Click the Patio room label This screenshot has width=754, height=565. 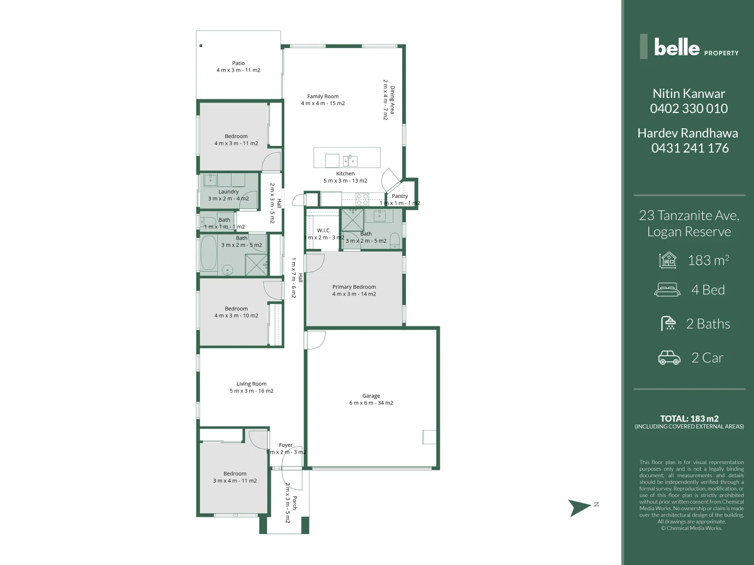238,63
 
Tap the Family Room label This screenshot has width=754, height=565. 323,97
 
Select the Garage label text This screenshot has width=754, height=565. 371,396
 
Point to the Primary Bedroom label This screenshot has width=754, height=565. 354,287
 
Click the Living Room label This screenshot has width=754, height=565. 251,384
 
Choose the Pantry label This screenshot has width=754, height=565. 400,196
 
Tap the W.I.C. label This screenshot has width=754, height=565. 324,231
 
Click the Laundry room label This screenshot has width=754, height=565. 228,192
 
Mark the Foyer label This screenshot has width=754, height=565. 285,445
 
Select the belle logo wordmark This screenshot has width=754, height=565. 677,48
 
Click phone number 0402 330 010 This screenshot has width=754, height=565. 689,109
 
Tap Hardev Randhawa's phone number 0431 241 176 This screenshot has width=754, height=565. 690,149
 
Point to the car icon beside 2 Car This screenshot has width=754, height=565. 669,358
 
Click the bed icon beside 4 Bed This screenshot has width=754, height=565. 668,290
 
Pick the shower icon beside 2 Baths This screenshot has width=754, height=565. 669,324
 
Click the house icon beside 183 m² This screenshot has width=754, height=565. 668,260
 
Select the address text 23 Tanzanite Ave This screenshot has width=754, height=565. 689,216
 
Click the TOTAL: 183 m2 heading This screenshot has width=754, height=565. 689,419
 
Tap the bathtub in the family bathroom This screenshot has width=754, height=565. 208,253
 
